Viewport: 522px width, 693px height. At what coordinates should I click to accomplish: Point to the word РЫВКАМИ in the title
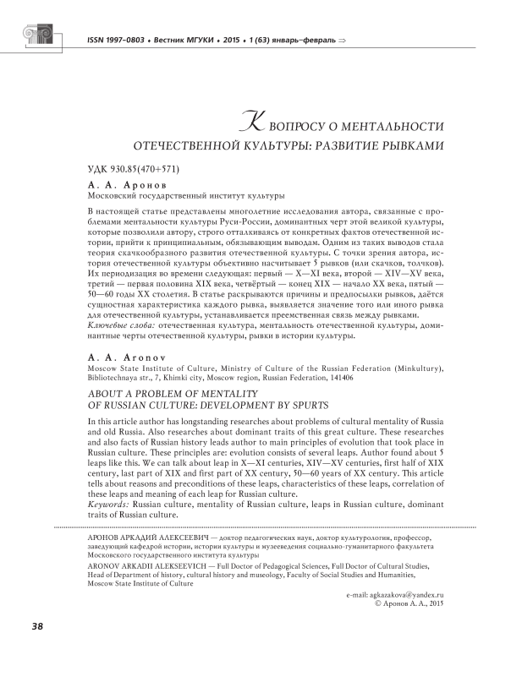(x=407, y=145)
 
